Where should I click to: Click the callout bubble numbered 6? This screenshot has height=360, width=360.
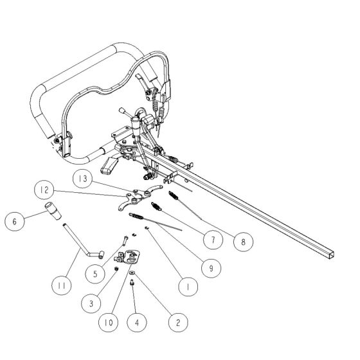(14, 221)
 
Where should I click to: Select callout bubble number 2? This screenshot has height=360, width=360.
(174, 321)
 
